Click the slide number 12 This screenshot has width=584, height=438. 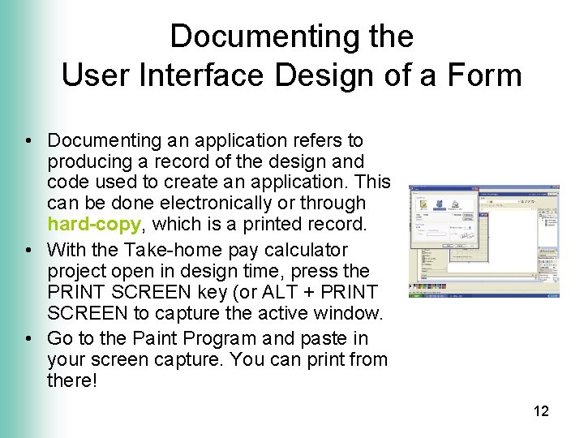pyautogui.click(x=541, y=411)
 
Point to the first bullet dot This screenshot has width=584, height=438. pyautogui.click(x=28, y=140)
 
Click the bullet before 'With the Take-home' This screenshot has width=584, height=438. pyautogui.click(x=28, y=250)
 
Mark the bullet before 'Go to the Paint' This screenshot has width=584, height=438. pyautogui.click(x=28, y=338)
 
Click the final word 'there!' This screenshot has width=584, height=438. pyautogui.click(x=72, y=380)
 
